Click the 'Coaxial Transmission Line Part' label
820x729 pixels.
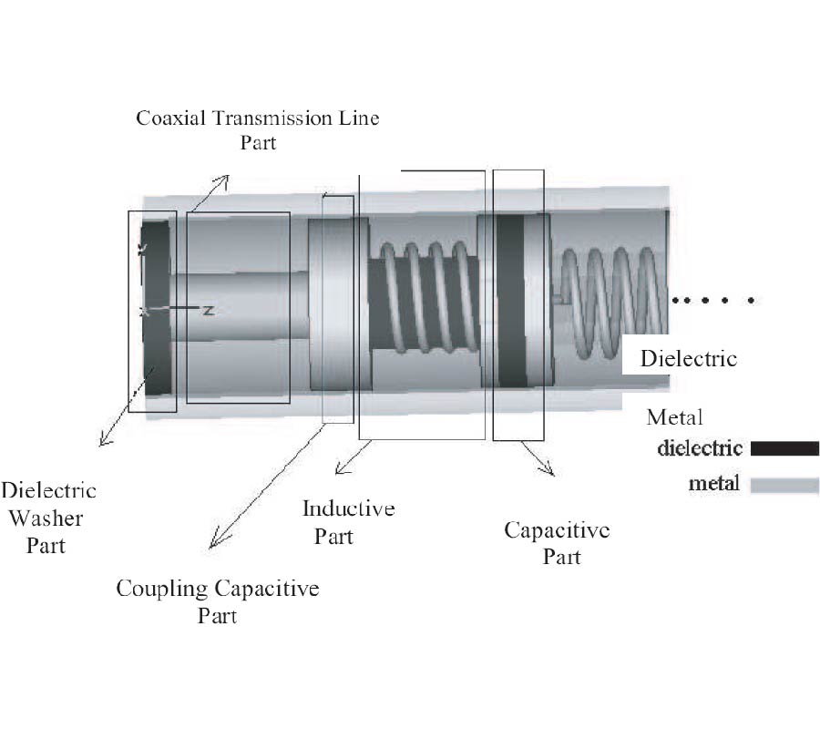coord(257,129)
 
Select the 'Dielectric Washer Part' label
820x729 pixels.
coord(47,518)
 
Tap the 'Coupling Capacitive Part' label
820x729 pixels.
coord(217,601)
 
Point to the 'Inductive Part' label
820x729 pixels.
coord(348,521)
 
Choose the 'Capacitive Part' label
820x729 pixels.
coord(557,542)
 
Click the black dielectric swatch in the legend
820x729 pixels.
coord(784,447)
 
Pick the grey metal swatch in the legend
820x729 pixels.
coord(784,485)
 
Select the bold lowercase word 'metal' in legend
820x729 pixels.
coord(713,484)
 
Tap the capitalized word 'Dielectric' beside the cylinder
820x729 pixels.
coord(687,357)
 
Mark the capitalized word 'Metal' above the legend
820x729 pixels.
coord(674,417)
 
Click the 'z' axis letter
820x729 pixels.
coord(208,310)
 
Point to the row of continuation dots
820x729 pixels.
coord(712,299)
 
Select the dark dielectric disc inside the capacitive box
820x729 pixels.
coord(511,301)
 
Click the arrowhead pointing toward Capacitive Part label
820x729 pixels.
coord(549,472)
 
